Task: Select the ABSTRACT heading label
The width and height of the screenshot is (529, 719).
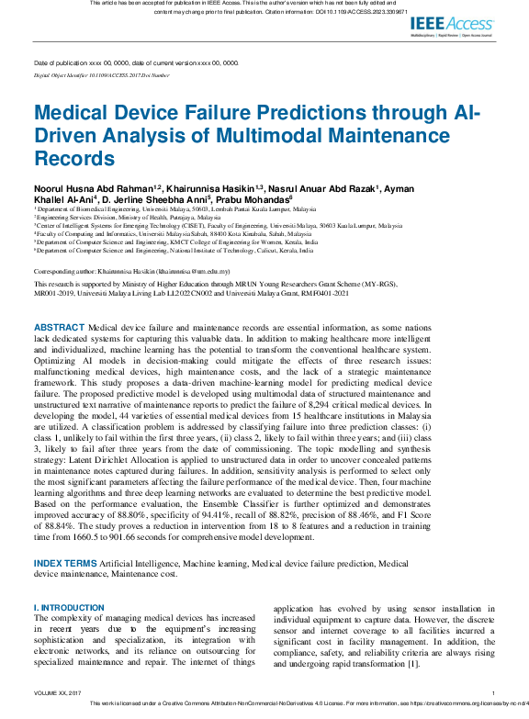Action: point(59,328)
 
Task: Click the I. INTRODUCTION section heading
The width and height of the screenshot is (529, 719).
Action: point(68,609)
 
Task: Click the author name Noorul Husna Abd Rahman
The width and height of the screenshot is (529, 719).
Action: point(94,187)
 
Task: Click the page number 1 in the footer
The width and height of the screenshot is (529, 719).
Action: point(493,693)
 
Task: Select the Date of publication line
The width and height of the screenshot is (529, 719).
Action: point(136,63)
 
